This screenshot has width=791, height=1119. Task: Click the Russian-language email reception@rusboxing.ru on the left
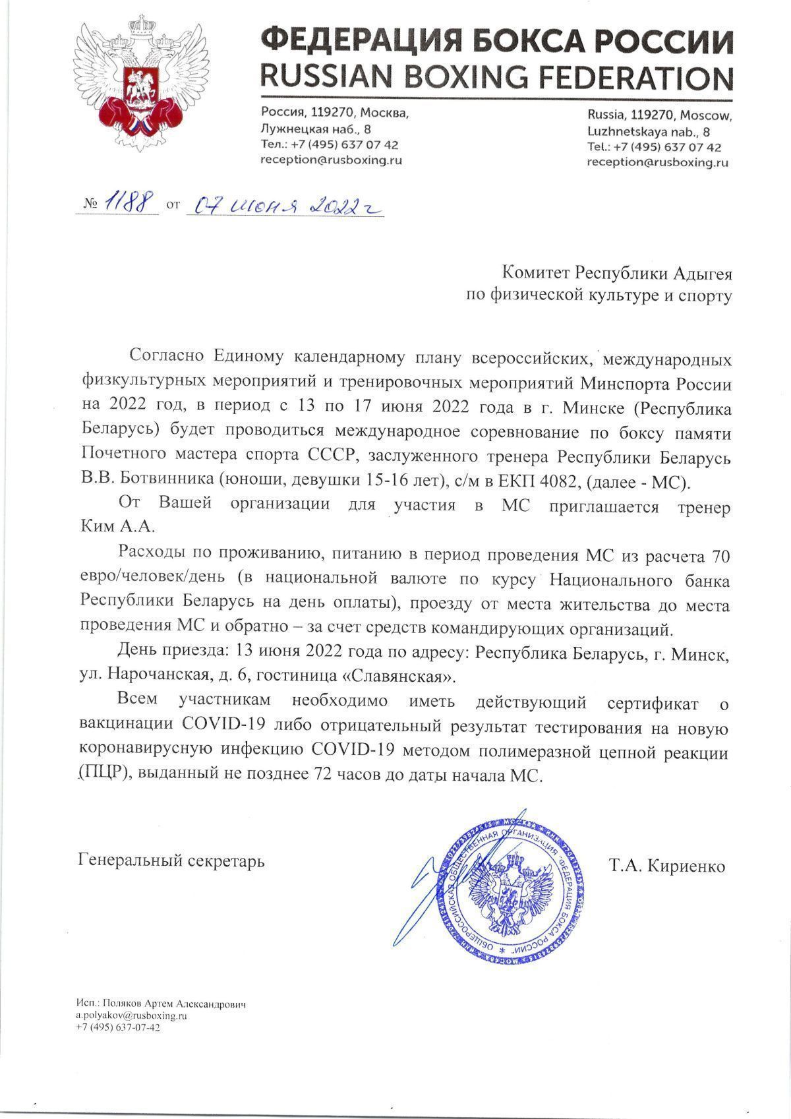(x=332, y=160)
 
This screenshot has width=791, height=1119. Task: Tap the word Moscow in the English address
(x=707, y=116)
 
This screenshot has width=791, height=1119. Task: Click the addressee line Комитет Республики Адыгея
(x=617, y=272)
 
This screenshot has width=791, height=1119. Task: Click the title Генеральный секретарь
(x=171, y=861)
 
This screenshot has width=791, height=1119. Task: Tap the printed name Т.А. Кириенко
(x=667, y=866)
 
